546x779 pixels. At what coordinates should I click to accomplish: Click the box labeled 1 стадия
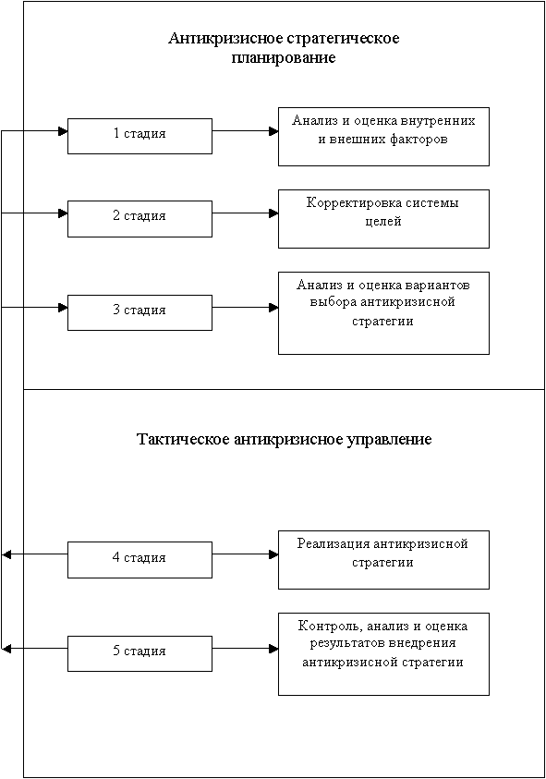[x=140, y=136]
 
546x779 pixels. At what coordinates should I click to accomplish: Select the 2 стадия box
[x=140, y=219]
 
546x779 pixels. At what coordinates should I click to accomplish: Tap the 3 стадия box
[x=140, y=312]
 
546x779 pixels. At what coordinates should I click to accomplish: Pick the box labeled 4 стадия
[x=140, y=560]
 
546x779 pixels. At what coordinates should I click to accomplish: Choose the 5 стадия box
[x=140, y=654]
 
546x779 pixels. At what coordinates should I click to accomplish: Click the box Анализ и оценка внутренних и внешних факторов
[x=383, y=137]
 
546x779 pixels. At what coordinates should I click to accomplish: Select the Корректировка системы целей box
[x=383, y=219]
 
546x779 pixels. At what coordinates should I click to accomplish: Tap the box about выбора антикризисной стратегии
[x=383, y=313]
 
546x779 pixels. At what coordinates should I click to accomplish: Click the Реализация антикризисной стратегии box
[x=383, y=560]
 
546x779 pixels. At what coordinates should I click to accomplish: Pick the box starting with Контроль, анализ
[x=383, y=654]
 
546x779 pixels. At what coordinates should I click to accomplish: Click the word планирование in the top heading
[x=284, y=58]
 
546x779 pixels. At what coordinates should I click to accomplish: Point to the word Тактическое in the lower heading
[x=183, y=440]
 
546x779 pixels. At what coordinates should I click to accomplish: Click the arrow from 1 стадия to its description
[x=245, y=131]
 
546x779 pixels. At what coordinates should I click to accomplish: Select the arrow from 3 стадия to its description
[x=245, y=308]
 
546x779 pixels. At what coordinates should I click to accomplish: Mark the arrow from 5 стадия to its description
[x=245, y=649]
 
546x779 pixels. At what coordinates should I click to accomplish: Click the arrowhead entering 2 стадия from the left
[x=63, y=213]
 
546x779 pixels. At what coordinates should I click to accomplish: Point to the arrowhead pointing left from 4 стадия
[x=6, y=554]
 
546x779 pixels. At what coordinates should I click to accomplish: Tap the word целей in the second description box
[x=383, y=222]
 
